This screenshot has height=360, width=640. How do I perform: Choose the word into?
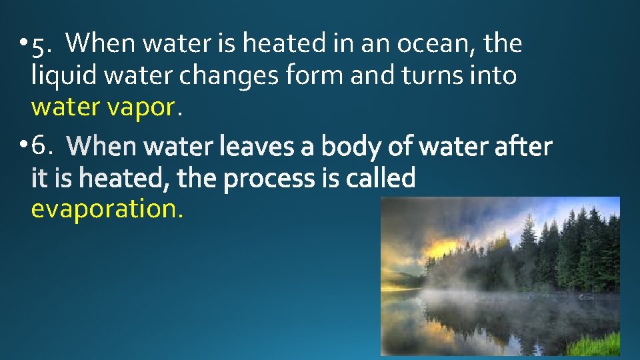pyautogui.click(x=493, y=76)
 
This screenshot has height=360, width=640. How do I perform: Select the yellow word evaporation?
pyautogui.click(x=106, y=209)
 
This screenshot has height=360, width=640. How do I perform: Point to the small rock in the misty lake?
pyautogui.click(x=586, y=295)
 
